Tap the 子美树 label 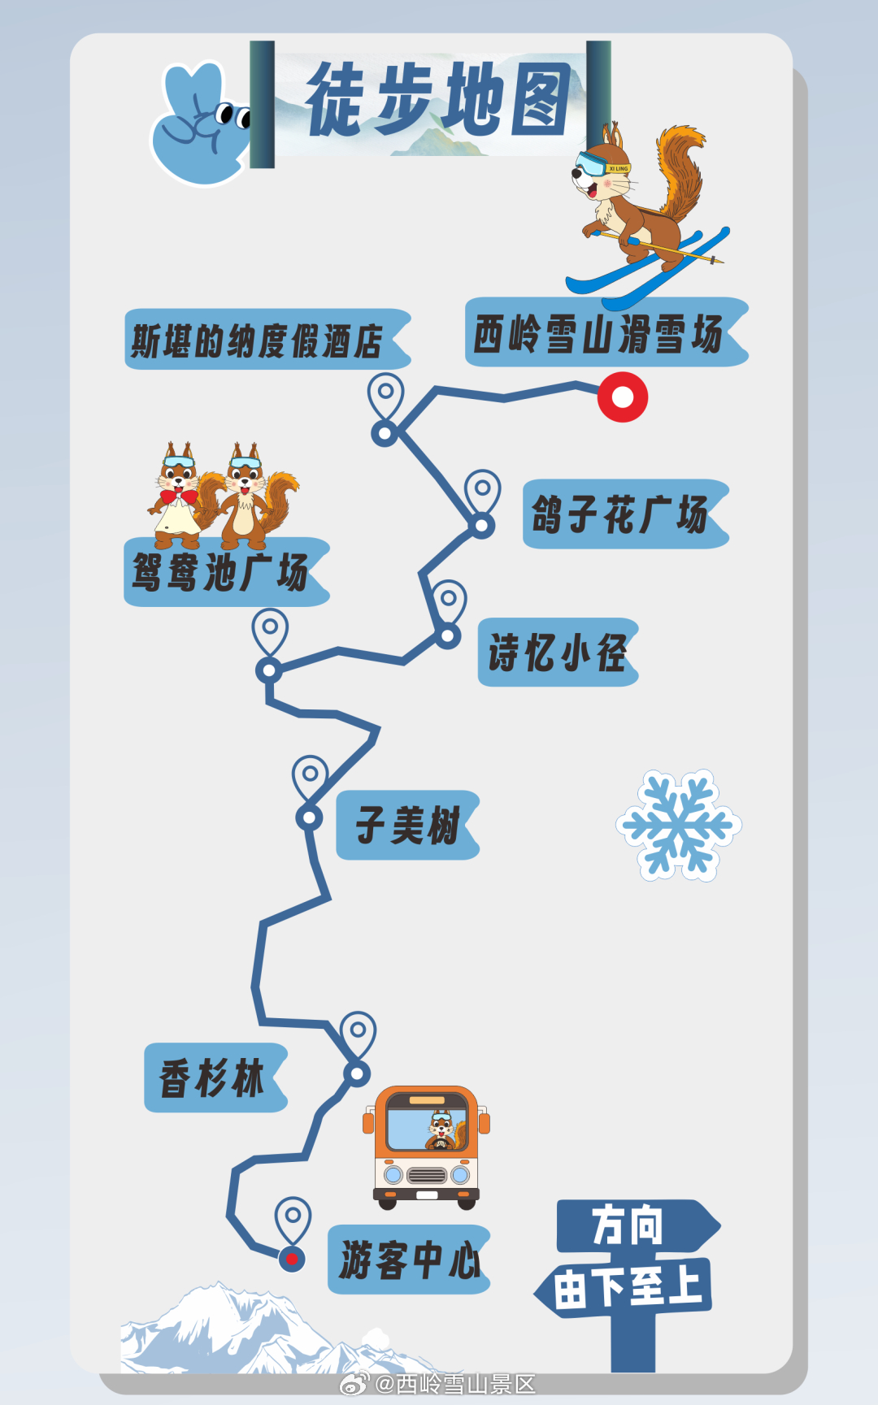[406, 826]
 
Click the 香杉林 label [214, 1078]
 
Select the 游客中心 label [408, 1260]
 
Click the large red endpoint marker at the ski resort [623, 397]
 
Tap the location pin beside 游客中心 [293, 1218]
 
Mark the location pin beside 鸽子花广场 [482, 490]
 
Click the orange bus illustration [426, 1146]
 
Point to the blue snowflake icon [678, 825]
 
